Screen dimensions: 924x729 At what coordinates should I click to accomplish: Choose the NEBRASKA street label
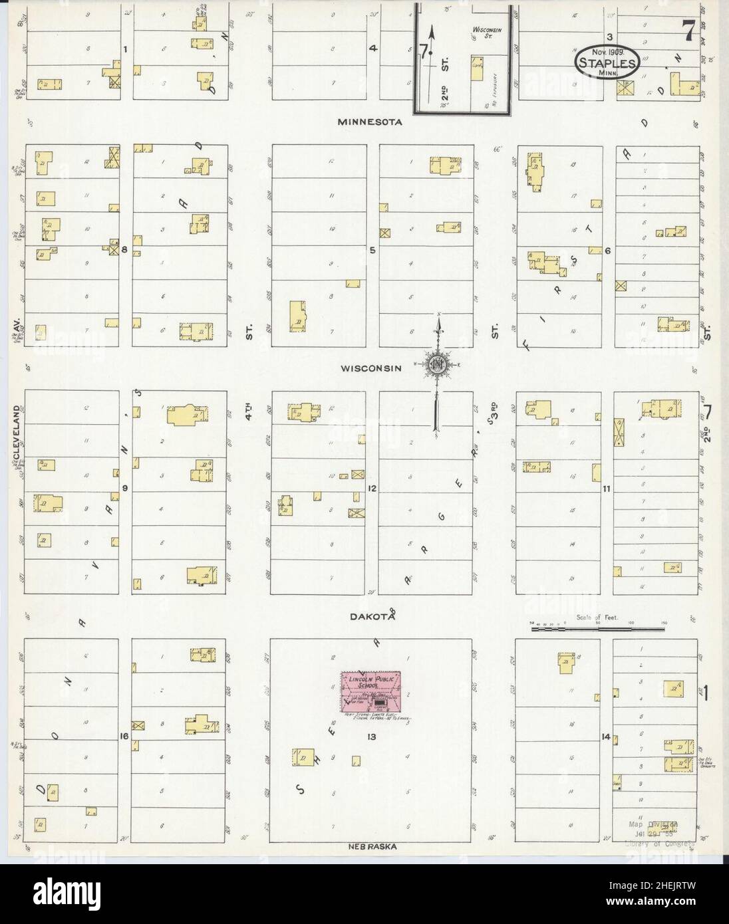pyautogui.click(x=372, y=847)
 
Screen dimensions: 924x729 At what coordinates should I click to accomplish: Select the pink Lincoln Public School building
pyautogui.click(x=372, y=691)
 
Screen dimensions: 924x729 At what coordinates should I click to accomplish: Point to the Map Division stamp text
pyautogui.click(x=653, y=824)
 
